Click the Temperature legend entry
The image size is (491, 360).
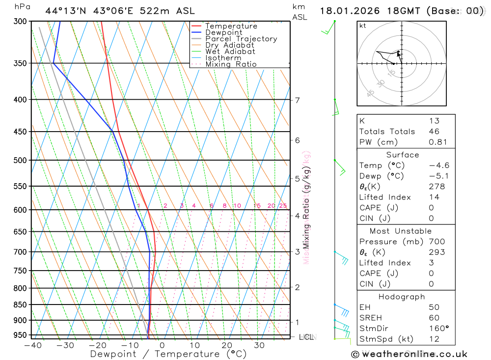(x=231, y=26)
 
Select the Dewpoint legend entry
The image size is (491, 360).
(x=224, y=32)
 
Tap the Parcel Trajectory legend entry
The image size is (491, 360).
(x=241, y=39)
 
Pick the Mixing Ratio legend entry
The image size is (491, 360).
(x=231, y=64)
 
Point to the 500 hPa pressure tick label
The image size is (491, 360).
(x=20, y=160)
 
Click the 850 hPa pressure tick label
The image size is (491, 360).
(x=20, y=305)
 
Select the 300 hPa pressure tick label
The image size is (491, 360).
(x=20, y=21)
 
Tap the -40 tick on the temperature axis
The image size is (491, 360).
(x=32, y=345)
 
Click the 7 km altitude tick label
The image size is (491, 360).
(x=298, y=100)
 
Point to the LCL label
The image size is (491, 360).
(x=306, y=337)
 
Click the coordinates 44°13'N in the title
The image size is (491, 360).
(x=65, y=11)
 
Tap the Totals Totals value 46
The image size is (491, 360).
(x=434, y=131)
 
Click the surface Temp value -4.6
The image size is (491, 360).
(x=439, y=166)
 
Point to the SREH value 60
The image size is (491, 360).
(x=434, y=318)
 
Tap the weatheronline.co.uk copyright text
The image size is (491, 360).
(x=409, y=354)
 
